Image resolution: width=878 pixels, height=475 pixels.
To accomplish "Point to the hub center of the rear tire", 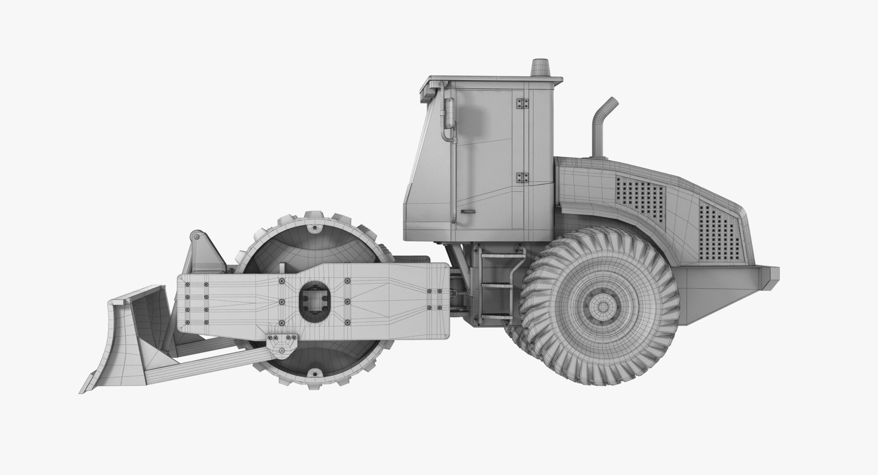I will coord(603,306).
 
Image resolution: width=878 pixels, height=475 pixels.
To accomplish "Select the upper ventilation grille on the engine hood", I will coord(639,197).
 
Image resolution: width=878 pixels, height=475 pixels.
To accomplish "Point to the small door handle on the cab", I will coord(467,211).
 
